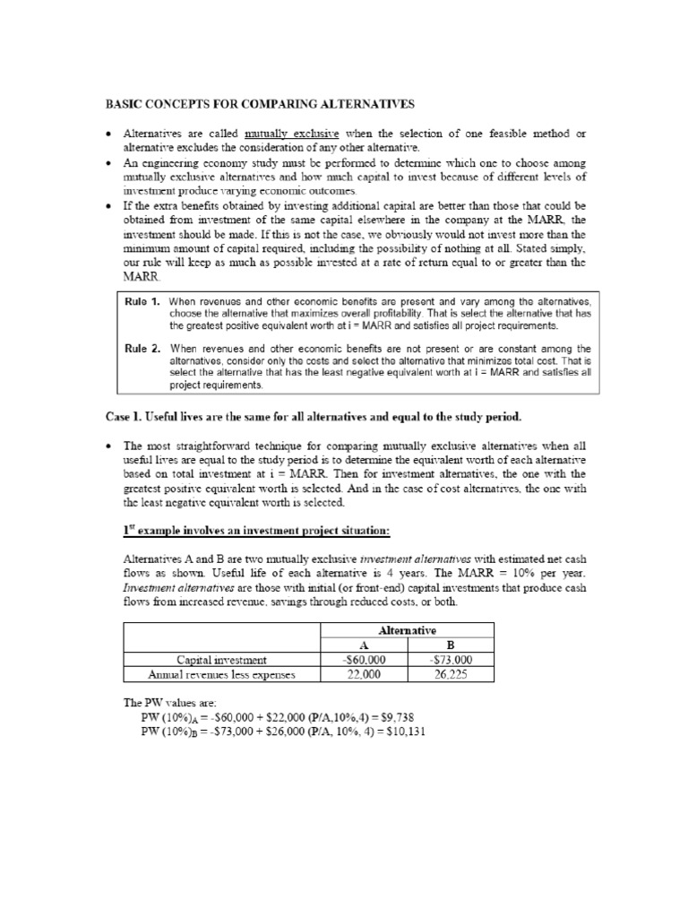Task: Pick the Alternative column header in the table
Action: [x=421, y=630]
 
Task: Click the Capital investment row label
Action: [x=221, y=660]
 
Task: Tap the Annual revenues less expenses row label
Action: [x=221, y=674]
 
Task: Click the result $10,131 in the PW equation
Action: [x=405, y=732]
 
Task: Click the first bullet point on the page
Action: [x=107, y=134]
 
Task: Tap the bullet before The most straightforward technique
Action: [x=107, y=446]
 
